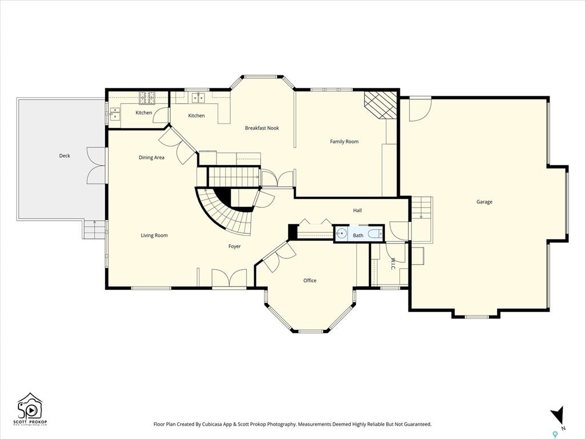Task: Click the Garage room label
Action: pos(484,202)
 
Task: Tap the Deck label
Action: pos(65,155)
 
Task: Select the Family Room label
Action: pos(344,142)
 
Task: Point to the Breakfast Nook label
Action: pos(262,128)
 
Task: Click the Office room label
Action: pos(310,280)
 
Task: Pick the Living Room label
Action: pos(154,235)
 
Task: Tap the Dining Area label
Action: pos(151,158)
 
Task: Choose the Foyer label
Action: pos(234,246)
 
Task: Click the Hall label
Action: pos(358,210)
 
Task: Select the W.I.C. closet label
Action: pos(393,264)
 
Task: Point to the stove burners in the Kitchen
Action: pos(147,98)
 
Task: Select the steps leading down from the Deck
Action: pos(94,229)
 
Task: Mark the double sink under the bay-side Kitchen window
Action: pos(198,98)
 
